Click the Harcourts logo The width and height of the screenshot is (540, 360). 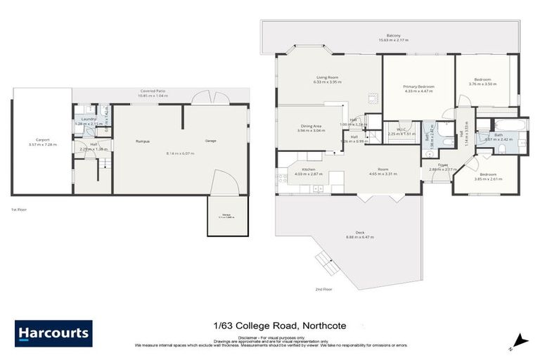click(x=53, y=333)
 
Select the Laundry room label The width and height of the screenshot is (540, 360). click(x=89, y=120)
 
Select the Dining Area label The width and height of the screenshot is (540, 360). click(x=310, y=126)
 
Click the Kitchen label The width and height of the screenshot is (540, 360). click(x=308, y=170)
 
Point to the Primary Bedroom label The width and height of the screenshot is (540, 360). click(x=418, y=86)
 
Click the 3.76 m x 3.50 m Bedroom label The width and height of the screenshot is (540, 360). click(x=482, y=79)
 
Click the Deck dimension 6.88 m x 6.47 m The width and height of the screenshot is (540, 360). click(x=360, y=238)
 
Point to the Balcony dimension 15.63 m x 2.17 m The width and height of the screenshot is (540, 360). click(x=393, y=40)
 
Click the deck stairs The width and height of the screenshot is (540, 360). click(x=326, y=263)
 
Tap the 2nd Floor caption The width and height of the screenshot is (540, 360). click(x=323, y=289)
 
